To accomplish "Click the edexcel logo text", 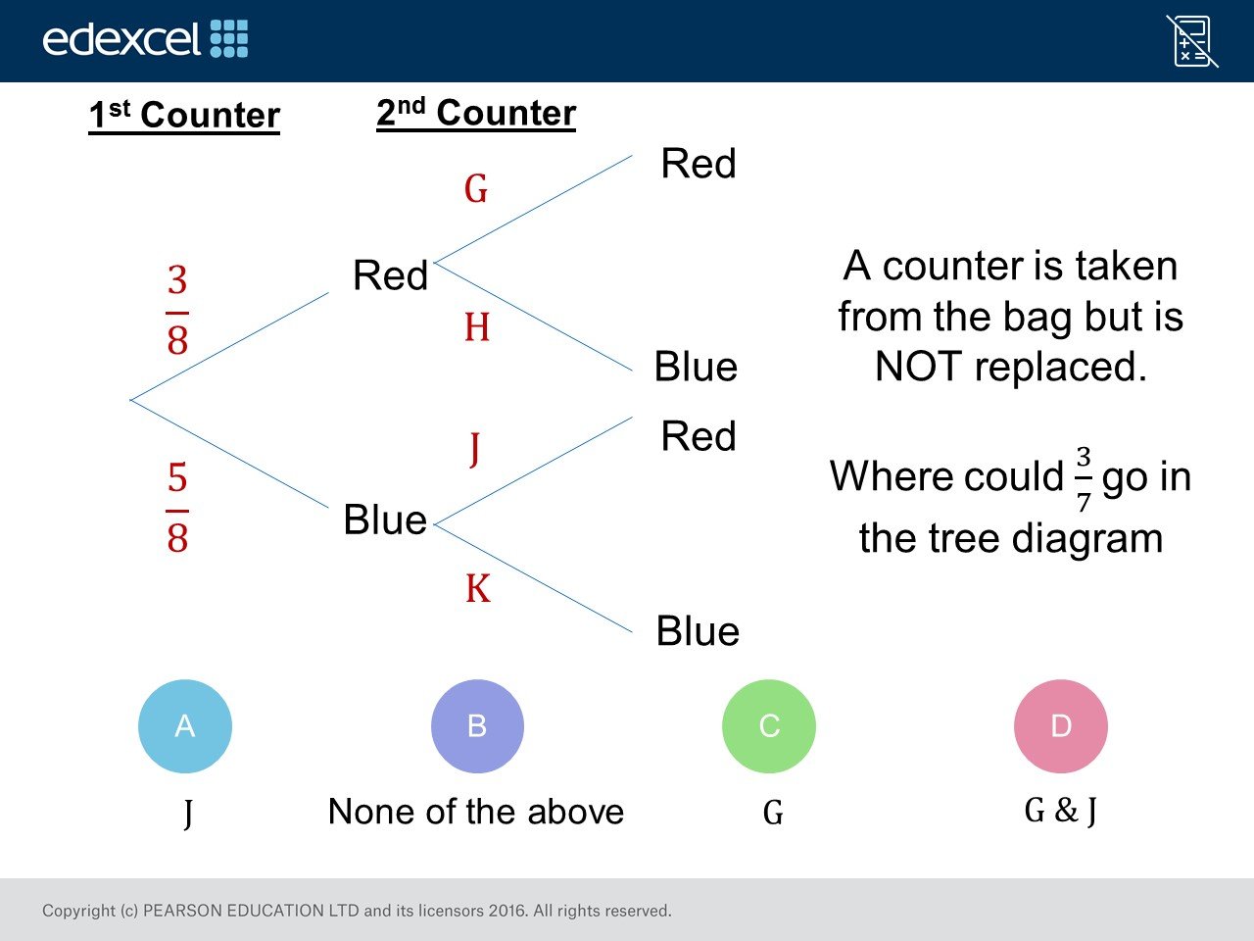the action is click(x=121, y=39).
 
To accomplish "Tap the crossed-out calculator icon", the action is click(x=1192, y=41).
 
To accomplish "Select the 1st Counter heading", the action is click(x=184, y=116).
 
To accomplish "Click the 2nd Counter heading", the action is click(x=476, y=113).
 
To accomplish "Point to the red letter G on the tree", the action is click(x=476, y=188).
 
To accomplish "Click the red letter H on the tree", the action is click(x=477, y=327).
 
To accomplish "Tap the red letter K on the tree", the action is click(x=478, y=588).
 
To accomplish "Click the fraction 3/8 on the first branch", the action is click(x=177, y=310).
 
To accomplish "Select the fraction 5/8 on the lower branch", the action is click(x=177, y=508).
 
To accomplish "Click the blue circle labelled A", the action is click(x=185, y=726).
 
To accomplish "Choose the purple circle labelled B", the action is click(x=477, y=726).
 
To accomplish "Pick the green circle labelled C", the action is click(x=769, y=726).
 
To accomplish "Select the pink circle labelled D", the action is click(x=1061, y=726).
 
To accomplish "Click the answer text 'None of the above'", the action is click(x=476, y=812).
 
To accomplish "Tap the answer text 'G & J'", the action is click(x=1061, y=812).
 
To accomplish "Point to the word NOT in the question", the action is click(x=918, y=367).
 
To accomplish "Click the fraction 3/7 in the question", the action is click(x=1084, y=478).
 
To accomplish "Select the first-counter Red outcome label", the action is click(x=390, y=274).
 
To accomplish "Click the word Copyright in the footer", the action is click(x=78, y=911).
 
